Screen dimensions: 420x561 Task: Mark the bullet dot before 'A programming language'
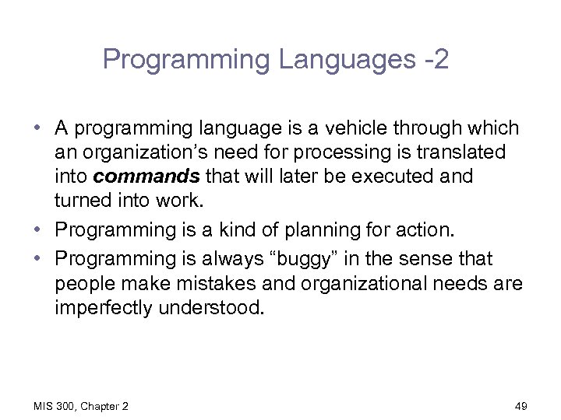38,128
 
